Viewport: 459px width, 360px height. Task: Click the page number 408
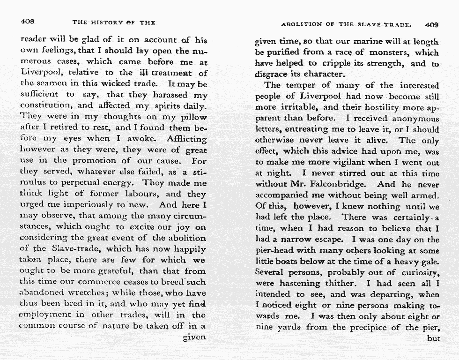pyautogui.click(x=29, y=22)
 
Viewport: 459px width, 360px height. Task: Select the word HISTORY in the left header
pyautogui.click(x=106, y=22)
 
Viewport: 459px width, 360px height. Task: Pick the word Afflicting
pyautogui.click(x=186, y=139)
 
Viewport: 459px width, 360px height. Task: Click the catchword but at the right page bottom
pyautogui.click(x=433, y=338)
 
